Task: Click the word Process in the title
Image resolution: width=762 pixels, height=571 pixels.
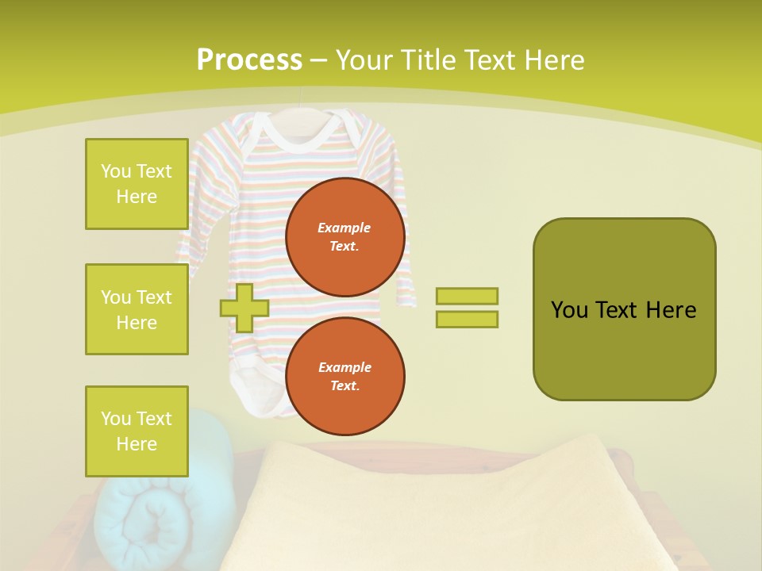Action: pyautogui.click(x=249, y=60)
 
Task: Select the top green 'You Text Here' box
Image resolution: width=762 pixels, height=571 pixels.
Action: pyautogui.click(x=137, y=184)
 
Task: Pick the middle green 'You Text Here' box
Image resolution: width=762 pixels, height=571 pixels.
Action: pyautogui.click(x=137, y=309)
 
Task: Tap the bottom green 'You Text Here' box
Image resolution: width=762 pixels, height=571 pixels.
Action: pyautogui.click(x=137, y=431)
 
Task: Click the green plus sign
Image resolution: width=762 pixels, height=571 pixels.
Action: pyautogui.click(x=244, y=308)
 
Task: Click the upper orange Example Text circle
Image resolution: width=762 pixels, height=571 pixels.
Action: pyautogui.click(x=344, y=236)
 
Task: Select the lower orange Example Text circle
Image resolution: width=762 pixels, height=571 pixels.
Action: pyautogui.click(x=344, y=376)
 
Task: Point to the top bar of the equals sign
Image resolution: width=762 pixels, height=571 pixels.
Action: pyautogui.click(x=467, y=296)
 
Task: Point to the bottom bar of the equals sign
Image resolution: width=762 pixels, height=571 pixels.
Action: pyautogui.click(x=467, y=320)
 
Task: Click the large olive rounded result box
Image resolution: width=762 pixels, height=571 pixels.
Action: pyautogui.click(x=624, y=309)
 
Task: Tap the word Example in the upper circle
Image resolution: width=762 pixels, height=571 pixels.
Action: pyautogui.click(x=344, y=228)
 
